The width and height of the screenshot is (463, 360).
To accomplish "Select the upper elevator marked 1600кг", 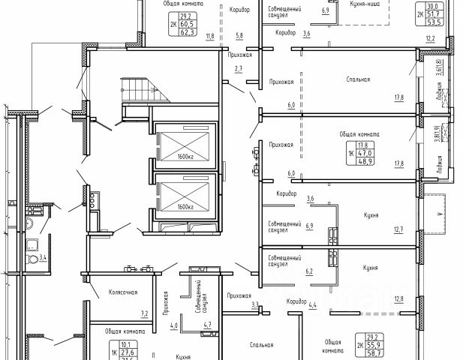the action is coord(185,145).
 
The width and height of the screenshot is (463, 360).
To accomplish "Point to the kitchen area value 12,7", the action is coord(398,229).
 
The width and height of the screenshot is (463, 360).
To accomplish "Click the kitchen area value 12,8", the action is coord(398,298).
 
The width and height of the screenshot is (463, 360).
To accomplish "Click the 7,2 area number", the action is coord(145,313).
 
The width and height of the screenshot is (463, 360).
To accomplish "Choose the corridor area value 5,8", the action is coord(239,36).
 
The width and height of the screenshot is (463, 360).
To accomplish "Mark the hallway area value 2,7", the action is coord(239,69).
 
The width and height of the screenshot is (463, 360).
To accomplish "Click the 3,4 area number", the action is coord(44,258).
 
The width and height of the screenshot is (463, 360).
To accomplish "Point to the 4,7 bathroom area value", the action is coord(208,325).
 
